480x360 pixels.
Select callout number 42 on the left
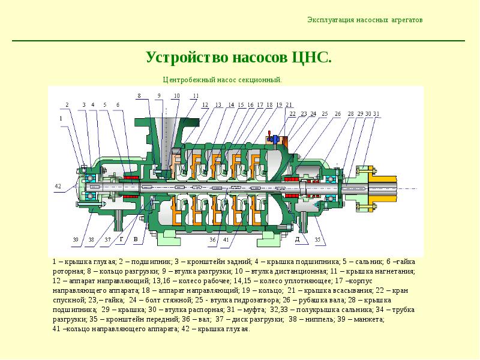click(x=58, y=186)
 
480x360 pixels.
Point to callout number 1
click(x=61, y=118)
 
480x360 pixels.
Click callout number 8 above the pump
click(x=139, y=96)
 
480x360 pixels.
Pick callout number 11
click(x=196, y=96)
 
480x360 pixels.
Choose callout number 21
click(x=289, y=104)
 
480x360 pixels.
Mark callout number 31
click(x=376, y=114)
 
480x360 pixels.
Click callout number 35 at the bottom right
click(x=317, y=239)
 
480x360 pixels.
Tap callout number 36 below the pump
click(x=213, y=239)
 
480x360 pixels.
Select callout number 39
click(x=76, y=239)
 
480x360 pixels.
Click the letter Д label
click(x=297, y=239)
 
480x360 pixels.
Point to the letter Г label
click(x=122, y=239)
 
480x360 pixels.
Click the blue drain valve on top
click(x=274, y=139)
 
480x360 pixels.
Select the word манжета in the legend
click(x=369, y=320)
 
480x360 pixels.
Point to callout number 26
click(x=338, y=114)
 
